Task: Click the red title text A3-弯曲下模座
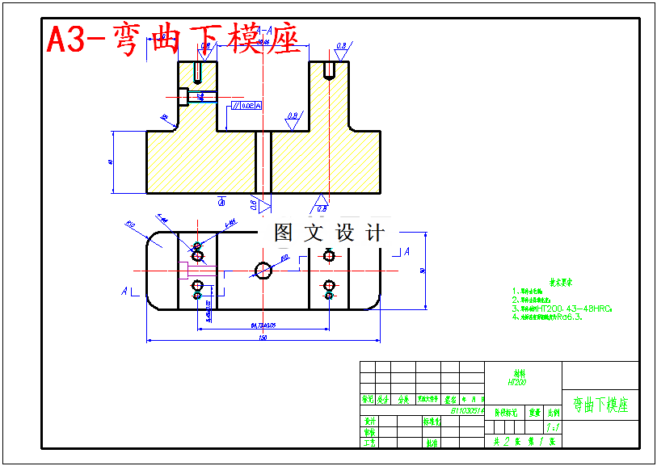coord(173,39)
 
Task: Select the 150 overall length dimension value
coord(263,338)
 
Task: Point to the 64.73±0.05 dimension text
coord(263,325)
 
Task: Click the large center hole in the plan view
coord(263,269)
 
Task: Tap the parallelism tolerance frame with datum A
coord(246,106)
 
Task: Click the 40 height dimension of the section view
coord(110,162)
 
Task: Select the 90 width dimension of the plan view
coord(423,271)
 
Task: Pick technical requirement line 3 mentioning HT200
coord(562,308)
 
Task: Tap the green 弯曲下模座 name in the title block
coord(600,405)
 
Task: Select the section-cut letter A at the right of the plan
coord(406,251)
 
